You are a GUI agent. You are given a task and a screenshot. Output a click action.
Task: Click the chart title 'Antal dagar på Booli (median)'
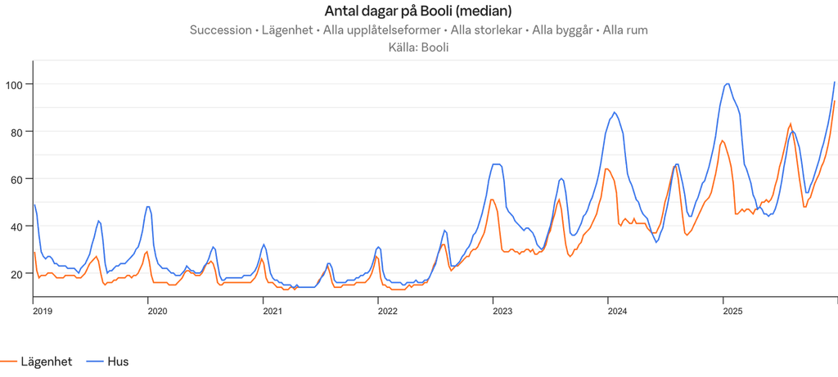(418, 11)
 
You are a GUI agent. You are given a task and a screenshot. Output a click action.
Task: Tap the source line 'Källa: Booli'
(418, 47)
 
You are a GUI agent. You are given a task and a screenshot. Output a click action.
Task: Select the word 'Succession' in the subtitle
(219, 30)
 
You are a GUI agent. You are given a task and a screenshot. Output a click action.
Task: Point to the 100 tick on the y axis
(15, 84)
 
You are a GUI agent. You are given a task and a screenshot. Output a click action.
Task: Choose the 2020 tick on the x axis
(157, 312)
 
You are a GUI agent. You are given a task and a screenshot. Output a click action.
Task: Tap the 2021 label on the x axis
(273, 312)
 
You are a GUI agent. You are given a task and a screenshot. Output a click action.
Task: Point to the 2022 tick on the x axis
(387, 312)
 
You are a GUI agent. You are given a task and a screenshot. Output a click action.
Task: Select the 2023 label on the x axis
(502, 312)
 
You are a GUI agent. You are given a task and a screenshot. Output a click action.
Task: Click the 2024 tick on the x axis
(618, 312)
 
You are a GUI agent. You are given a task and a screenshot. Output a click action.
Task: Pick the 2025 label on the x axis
(732, 312)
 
